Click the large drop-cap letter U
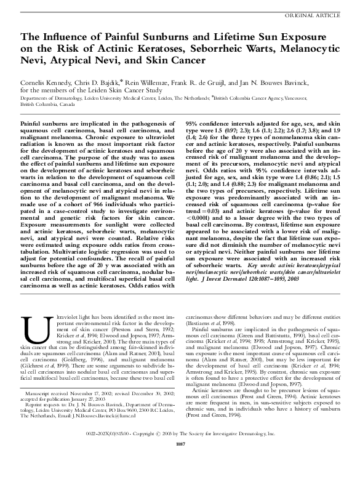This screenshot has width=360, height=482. tap(30, 330)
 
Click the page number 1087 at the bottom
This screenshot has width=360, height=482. tap(180, 461)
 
